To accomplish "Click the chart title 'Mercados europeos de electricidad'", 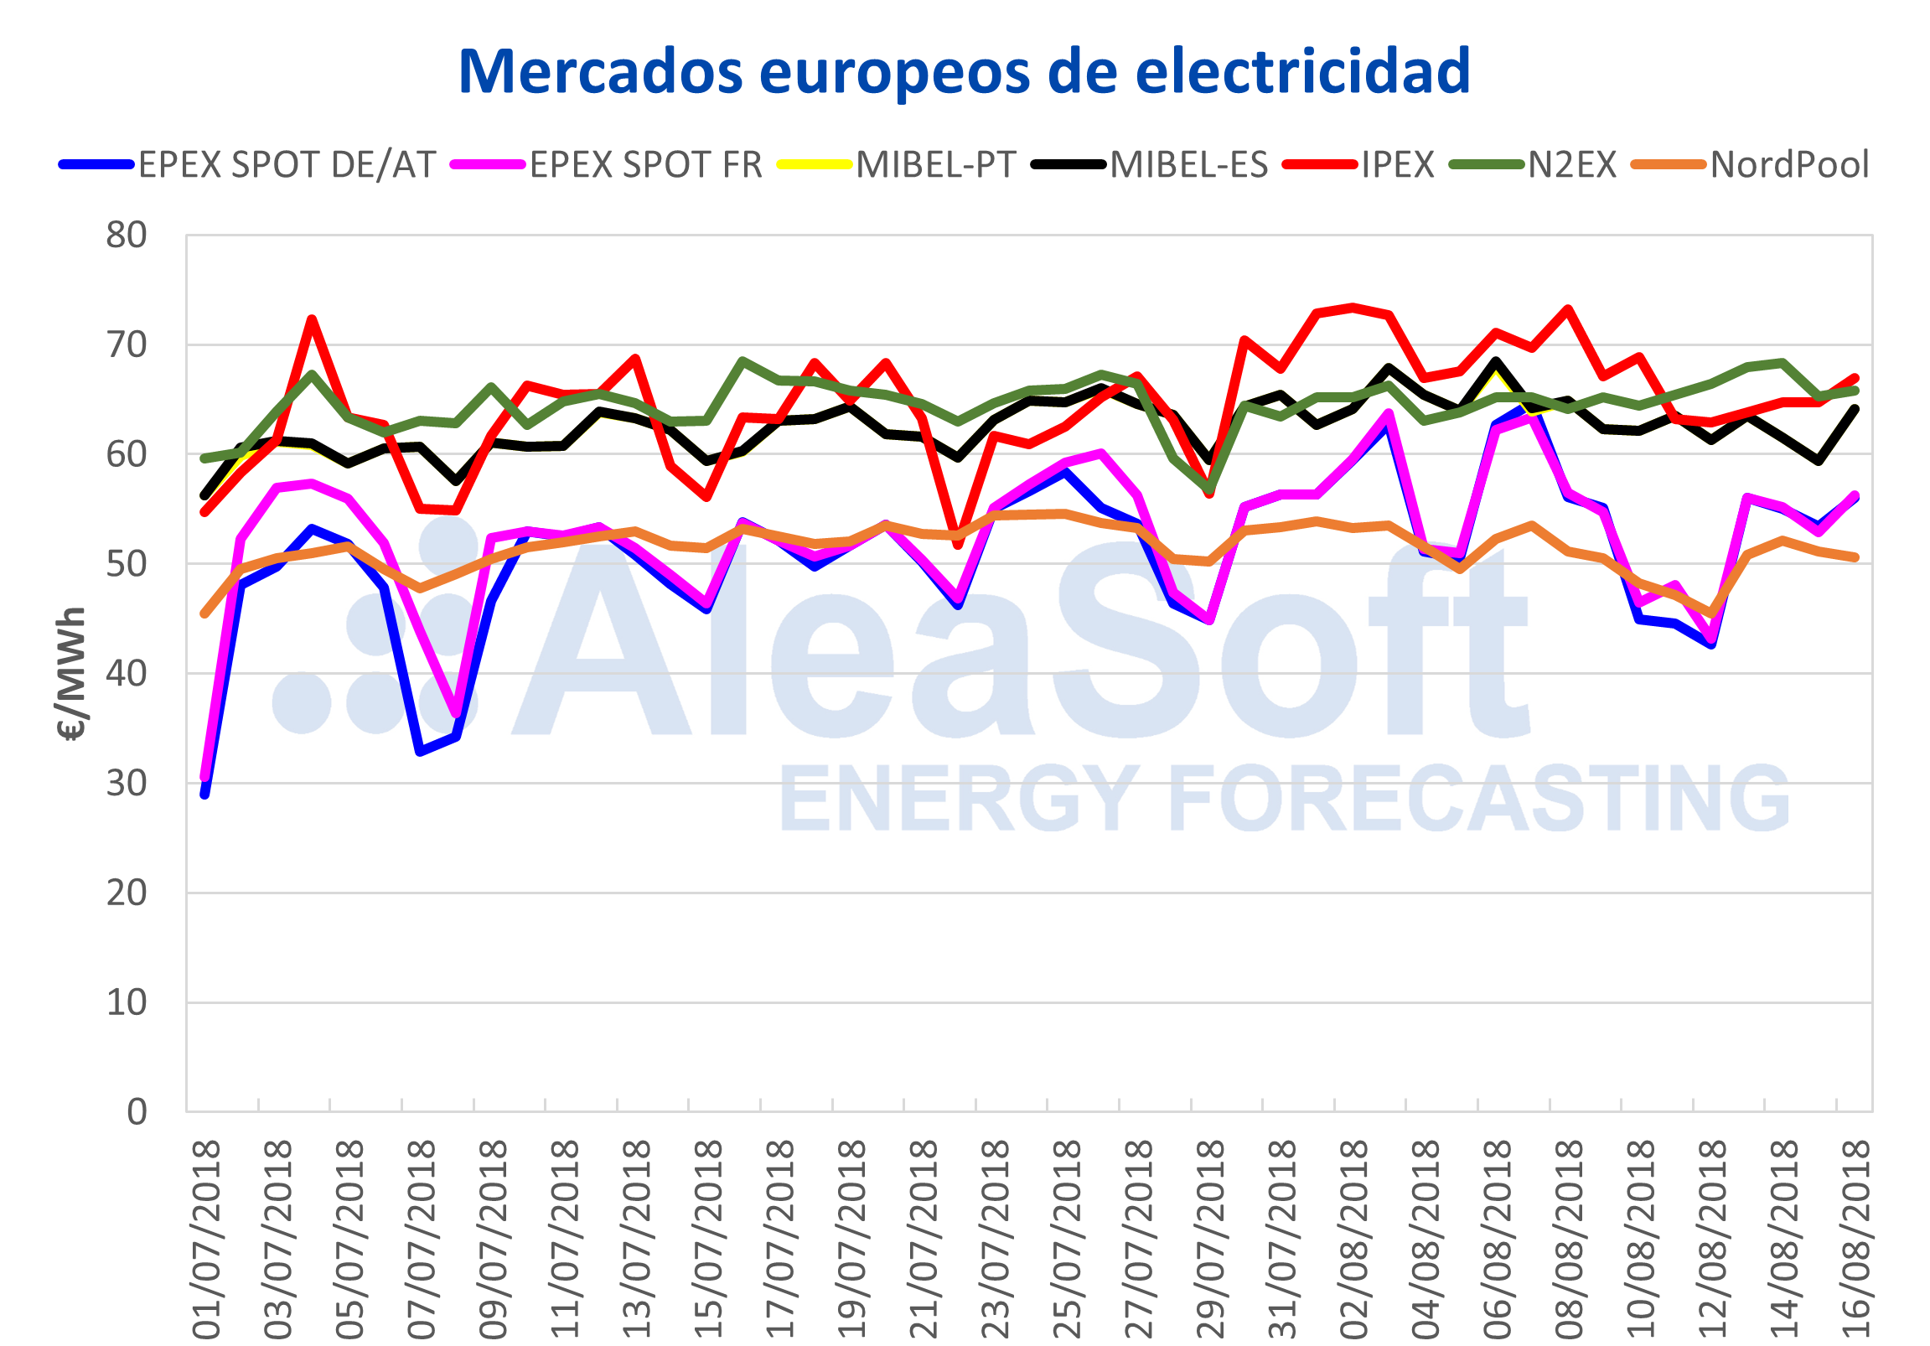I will pyautogui.click(x=964, y=72).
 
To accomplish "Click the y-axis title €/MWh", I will pyautogui.click(x=72, y=672).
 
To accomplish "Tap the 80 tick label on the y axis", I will pyautogui.click(x=126, y=236).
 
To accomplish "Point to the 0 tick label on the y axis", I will pyautogui.click(x=136, y=1112).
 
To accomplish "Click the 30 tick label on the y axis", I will pyautogui.click(x=126, y=784).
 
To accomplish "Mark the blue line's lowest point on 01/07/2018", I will pyautogui.click(x=205, y=794).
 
